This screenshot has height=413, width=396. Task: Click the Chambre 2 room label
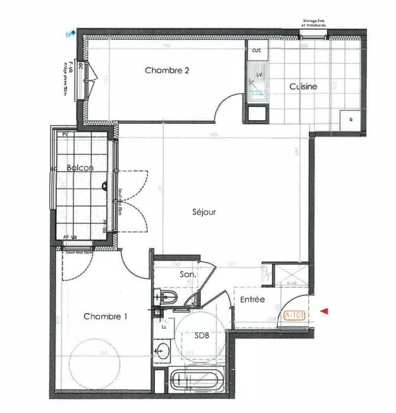point(167,71)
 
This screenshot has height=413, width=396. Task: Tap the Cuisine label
point(303,87)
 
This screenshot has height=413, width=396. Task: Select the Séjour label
point(204,213)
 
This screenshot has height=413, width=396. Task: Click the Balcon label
point(80,168)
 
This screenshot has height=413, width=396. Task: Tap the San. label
point(187,275)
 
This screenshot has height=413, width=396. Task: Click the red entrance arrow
point(325,311)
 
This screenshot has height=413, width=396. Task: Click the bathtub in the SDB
point(195,381)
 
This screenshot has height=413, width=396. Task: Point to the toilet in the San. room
point(168,297)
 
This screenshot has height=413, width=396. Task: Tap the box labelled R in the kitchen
point(350,119)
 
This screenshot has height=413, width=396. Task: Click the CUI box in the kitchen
point(257,50)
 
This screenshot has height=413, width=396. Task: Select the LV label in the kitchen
point(259,75)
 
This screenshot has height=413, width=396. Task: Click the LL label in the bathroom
point(164,327)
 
